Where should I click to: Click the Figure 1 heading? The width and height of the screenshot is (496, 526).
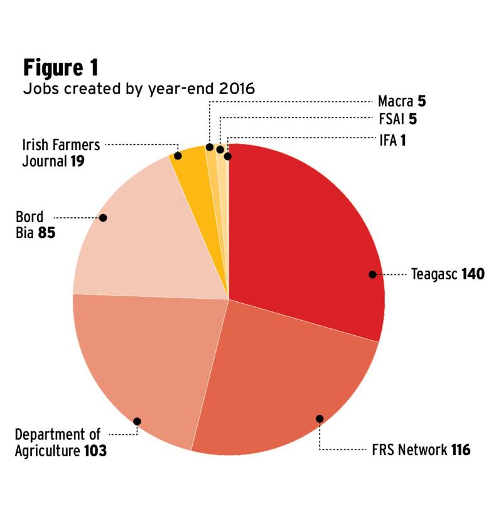pos(60,67)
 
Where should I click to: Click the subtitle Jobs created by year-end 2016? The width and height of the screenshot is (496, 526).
pos(139,89)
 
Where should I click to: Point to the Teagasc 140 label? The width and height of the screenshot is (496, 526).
pos(448,274)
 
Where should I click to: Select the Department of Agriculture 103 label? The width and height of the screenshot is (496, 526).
pos(60,443)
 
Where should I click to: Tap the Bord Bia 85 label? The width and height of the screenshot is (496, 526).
pos(35,226)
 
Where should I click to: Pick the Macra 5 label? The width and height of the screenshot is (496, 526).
pos(402,101)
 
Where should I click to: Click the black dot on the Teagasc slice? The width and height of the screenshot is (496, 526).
pos(372,274)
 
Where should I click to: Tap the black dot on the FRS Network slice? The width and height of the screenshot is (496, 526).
pos(320,419)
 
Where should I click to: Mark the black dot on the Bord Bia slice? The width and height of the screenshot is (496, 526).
pos(103,218)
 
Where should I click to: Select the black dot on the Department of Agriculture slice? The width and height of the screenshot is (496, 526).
pos(137,421)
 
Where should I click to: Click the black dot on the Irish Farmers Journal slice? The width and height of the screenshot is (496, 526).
pos(178,155)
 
